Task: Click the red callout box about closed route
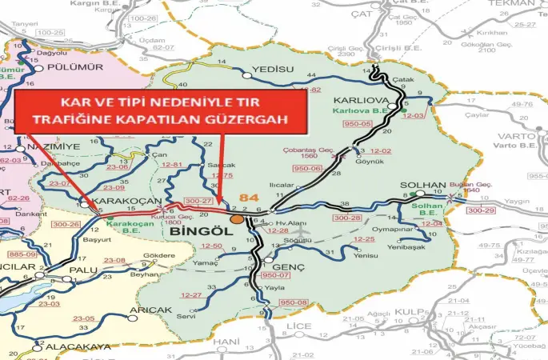160,113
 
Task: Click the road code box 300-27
197,201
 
